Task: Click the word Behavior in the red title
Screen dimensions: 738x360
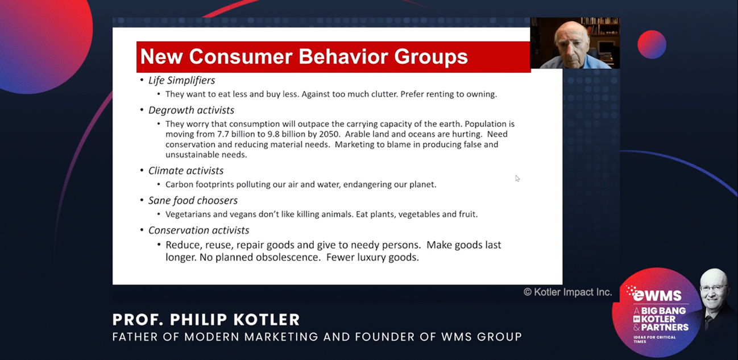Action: [x=343, y=56]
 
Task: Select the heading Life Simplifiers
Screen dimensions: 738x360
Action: [x=181, y=80]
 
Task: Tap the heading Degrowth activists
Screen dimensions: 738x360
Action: [x=191, y=110]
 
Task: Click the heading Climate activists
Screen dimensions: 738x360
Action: [x=186, y=171]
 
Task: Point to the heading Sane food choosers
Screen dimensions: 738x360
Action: [x=193, y=200]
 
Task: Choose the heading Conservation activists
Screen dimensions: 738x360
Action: [x=198, y=230]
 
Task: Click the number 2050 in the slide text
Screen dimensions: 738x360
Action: [x=329, y=134]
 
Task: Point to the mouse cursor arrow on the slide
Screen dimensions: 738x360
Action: [x=517, y=179]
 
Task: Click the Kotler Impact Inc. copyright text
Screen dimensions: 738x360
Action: [x=567, y=292]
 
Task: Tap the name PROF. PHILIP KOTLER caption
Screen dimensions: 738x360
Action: [x=206, y=320]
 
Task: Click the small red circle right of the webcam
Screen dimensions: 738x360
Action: [x=652, y=44]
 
